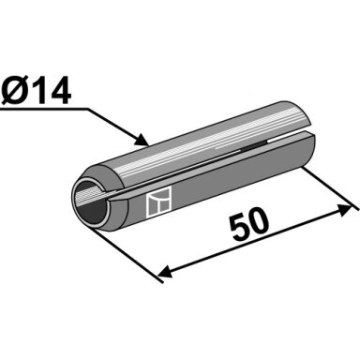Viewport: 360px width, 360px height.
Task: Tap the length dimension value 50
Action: (249, 224)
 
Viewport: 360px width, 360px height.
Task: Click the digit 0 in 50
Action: (259, 221)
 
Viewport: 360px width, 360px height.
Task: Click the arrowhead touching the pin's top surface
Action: (142, 140)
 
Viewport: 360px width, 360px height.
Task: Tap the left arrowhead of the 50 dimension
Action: (165, 272)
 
